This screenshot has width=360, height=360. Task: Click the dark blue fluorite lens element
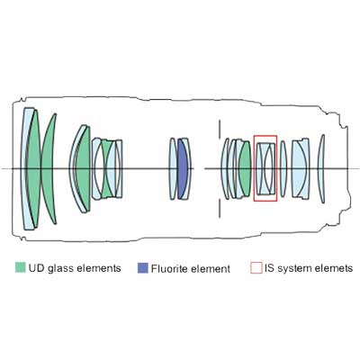[x=182, y=168]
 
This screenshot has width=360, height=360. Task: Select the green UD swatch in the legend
[x=21, y=267]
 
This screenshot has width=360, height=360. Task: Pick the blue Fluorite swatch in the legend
[x=143, y=268]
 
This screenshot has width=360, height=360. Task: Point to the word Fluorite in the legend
[x=169, y=268]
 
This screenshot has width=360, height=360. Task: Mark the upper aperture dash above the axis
[x=220, y=129]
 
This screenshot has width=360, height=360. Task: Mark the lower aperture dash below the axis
[x=220, y=208]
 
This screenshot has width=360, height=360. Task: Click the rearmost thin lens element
[x=322, y=168]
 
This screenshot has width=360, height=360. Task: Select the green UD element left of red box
[x=245, y=168]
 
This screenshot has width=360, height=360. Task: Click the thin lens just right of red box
[x=283, y=168]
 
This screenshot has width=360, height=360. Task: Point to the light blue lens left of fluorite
[x=173, y=168]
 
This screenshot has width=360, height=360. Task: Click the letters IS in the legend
[x=269, y=268]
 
